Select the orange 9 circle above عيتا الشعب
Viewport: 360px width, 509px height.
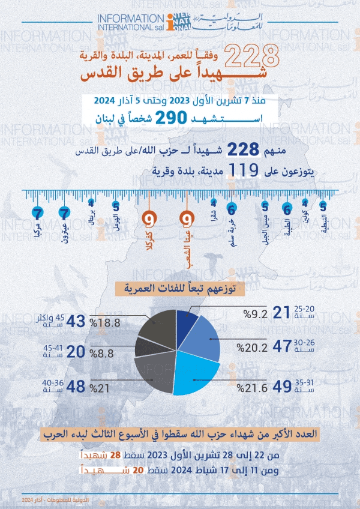(x=187, y=218)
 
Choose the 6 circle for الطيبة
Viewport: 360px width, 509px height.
(x=287, y=209)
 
